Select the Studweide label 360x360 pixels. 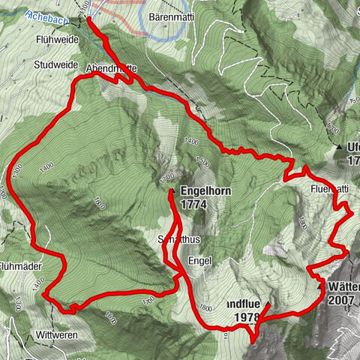(56, 64)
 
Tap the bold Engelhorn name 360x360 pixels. (205, 192)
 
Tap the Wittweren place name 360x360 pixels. (55, 335)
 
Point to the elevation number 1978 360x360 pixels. (245, 318)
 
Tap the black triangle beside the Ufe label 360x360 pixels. (340, 146)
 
